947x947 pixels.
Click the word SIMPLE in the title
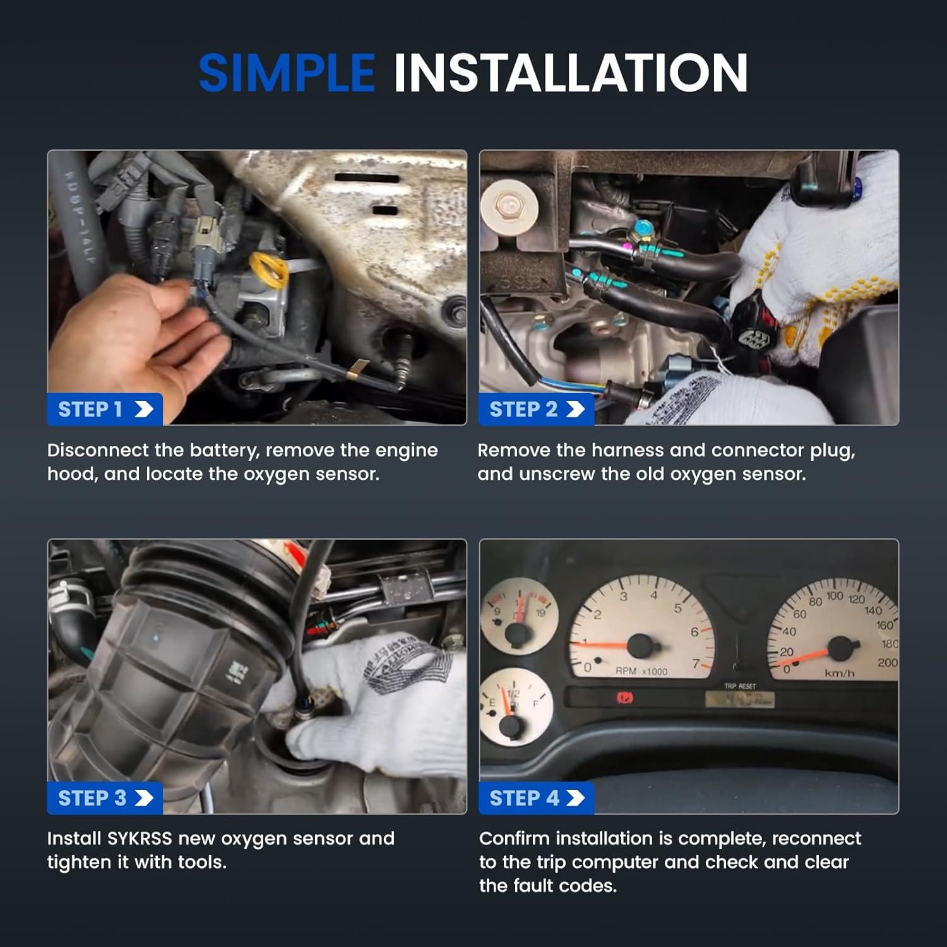tap(287, 73)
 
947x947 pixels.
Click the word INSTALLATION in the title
tap(571, 73)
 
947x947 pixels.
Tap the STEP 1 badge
tap(105, 409)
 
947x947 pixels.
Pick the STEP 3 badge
tap(105, 798)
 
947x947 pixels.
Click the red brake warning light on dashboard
tap(625, 698)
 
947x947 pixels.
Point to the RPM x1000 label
tap(641, 671)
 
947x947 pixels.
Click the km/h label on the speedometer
tap(839, 673)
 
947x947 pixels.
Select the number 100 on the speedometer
tap(835, 596)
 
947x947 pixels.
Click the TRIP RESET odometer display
tap(739, 698)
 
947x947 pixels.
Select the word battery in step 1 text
tap(223, 450)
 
